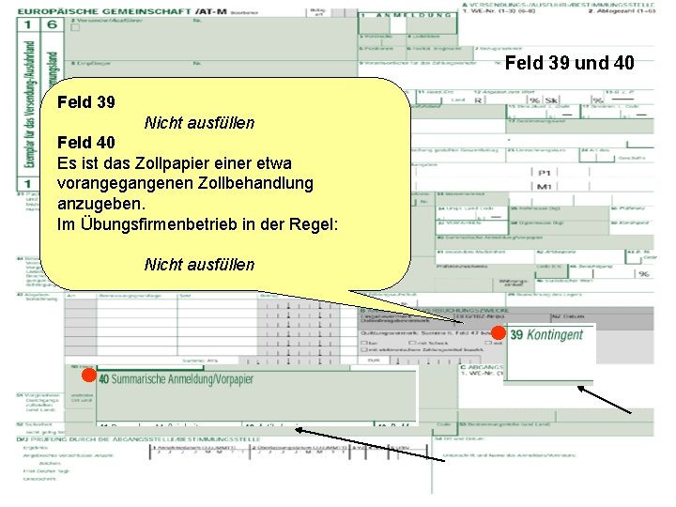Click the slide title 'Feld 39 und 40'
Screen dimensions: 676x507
[570, 64]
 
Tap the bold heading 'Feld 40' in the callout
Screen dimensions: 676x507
[85, 143]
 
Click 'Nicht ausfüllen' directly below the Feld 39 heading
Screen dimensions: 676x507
[199, 123]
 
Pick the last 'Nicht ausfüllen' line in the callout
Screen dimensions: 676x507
[199, 265]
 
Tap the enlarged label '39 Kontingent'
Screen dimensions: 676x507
[546, 335]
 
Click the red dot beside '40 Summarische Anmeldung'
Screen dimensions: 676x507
[85, 376]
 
